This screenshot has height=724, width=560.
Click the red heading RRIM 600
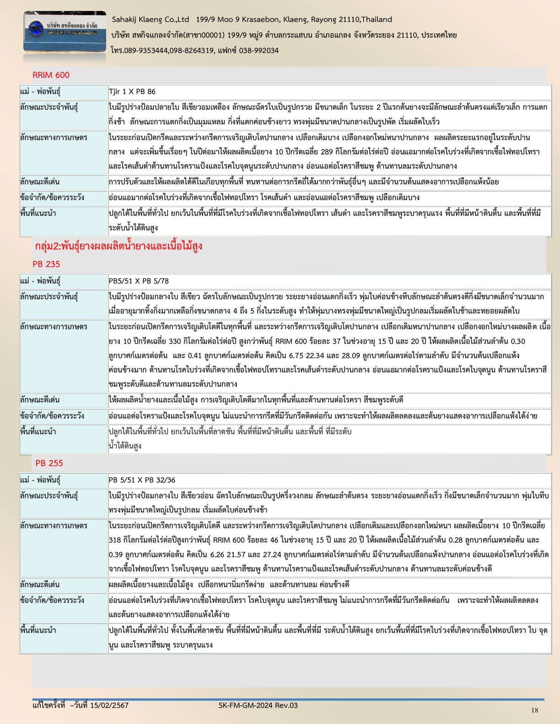tap(51, 75)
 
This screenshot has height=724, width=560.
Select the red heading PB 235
tap(46, 264)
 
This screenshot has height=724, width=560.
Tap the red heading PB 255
tap(49, 463)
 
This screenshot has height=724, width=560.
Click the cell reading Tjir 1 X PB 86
tap(132, 92)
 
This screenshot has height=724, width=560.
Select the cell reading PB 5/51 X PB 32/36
tap(142, 480)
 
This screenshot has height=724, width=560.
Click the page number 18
tap(535, 710)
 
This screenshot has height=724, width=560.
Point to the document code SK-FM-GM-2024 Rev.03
tap(258, 705)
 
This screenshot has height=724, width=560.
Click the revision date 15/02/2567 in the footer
tap(109, 705)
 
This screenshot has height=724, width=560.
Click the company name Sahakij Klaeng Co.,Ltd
tap(151, 20)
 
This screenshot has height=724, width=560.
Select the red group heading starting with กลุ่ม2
tap(118, 246)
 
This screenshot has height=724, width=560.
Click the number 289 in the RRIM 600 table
tap(327, 152)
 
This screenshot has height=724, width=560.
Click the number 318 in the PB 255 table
tap(115, 540)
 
